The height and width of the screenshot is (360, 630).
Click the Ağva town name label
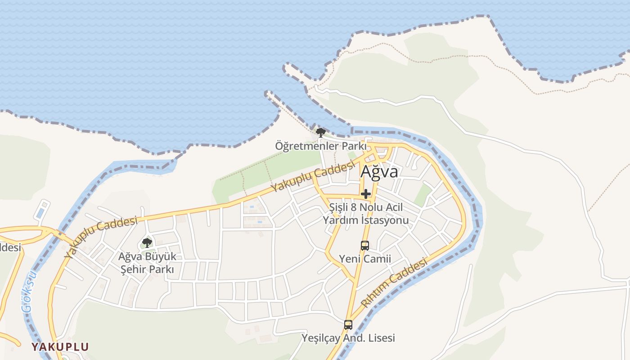coord(379,172)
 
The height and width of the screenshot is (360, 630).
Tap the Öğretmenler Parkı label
coord(320,146)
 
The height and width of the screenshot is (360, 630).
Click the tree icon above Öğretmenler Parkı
coord(320,132)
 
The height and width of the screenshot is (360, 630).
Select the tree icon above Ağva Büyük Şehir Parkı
coord(147,243)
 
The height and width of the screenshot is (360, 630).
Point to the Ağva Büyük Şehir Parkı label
coord(146,263)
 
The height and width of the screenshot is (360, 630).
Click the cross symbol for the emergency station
coord(366,194)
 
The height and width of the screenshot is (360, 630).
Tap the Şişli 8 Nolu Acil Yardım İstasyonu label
coord(365,214)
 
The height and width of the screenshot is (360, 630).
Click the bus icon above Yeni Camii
coord(365,246)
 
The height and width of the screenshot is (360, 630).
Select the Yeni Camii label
coord(365,259)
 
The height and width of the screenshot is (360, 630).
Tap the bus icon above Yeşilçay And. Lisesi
coord(348,324)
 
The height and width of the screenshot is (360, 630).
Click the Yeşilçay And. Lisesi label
coord(348,338)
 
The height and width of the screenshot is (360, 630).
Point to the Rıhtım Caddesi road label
coord(394,283)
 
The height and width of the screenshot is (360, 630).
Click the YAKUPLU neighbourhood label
coord(60,347)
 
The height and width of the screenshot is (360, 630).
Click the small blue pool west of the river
coord(40,212)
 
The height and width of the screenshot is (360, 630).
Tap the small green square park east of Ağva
coord(423,195)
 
